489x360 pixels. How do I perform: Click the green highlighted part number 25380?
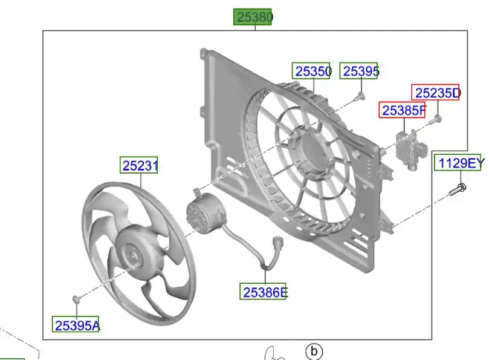pos(253,17)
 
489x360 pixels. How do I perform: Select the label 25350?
pos(311,71)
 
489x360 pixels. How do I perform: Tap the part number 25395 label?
pos(358,71)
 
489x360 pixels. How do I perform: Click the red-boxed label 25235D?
pos(435,93)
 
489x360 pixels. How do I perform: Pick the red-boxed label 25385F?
pos(403,110)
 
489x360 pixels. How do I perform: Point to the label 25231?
pos(139,165)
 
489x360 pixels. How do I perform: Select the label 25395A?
pos(76,324)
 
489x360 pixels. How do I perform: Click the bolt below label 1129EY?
pos(458,190)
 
